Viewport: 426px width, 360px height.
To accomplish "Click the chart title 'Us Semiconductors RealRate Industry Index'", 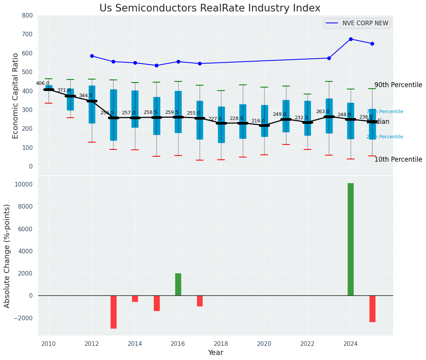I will pos(210,8).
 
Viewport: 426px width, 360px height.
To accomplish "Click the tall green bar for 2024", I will pos(350,239).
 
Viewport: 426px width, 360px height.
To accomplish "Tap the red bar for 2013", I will pos(114,312).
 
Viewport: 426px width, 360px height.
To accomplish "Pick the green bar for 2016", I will pos(178,284).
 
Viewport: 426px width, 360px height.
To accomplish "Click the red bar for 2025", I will pos(372,309).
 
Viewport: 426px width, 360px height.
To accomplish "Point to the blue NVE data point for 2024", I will pos(351,39).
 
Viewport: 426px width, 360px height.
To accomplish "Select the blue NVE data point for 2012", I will pos(92,56).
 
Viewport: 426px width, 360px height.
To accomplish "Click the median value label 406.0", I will pos(42,83).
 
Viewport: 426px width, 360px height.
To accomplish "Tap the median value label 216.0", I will pos(258,121).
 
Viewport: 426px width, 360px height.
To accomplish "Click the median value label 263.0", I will pos(322,112).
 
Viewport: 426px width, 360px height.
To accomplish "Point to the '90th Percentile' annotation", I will pos(398,85).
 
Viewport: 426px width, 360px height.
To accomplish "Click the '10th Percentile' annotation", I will pos(398,160).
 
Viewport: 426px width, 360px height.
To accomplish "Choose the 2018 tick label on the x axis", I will pos(221,344).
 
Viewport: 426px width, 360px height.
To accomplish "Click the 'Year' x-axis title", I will pos(215,353).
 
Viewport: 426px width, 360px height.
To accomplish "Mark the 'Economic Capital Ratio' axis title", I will pos(16,96).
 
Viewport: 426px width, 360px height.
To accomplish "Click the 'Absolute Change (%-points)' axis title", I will pos(7,256).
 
